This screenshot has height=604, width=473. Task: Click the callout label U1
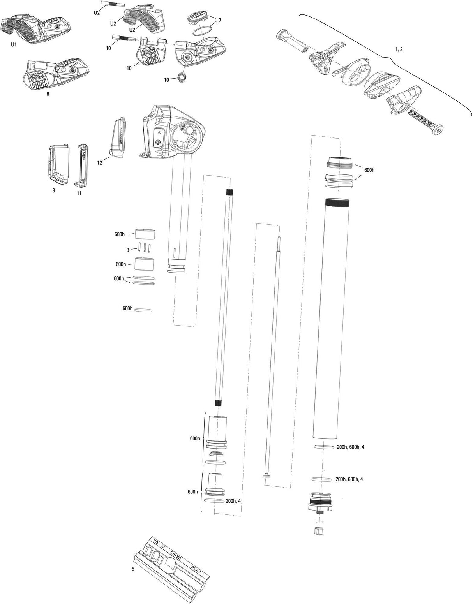14,45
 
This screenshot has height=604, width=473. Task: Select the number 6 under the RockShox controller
48,94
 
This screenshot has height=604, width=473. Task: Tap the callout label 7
220,20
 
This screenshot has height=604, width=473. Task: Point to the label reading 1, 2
399,49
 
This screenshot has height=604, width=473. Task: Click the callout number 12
100,162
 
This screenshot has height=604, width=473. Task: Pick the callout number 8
53,190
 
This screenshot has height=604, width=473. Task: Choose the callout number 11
79,193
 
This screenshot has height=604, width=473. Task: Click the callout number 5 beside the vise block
133,569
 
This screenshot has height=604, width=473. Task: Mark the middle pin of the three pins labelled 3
145,248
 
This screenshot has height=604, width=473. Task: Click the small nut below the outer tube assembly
319,530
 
